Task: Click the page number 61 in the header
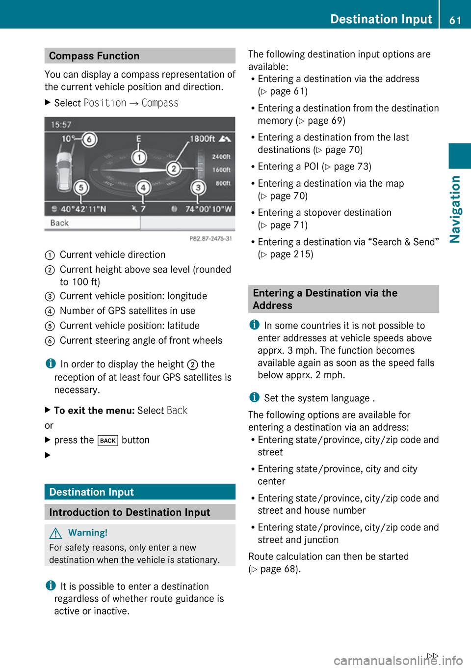[x=455, y=20]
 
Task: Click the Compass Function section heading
[x=94, y=56]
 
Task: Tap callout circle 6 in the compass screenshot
[x=89, y=140]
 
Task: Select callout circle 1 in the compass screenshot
[x=139, y=158]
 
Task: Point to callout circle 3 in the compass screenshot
[x=198, y=188]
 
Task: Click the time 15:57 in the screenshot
[x=61, y=125]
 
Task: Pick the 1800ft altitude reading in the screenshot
[x=203, y=139]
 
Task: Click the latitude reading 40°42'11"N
[x=83, y=209]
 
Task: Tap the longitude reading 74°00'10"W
[x=208, y=209]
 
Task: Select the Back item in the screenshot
[x=59, y=223]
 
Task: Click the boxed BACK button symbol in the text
[x=108, y=441]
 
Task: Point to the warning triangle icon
[x=56, y=533]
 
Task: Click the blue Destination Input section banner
[x=140, y=492]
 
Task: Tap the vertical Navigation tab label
[x=455, y=209]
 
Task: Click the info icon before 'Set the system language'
[x=254, y=397]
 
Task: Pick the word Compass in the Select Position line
[x=160, y=103]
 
